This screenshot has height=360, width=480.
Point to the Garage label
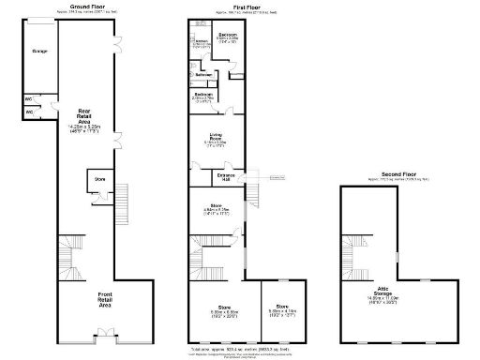click(40, 50)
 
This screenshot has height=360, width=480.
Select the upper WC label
click(29, 98)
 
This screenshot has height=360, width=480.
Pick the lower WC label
click(29, 112)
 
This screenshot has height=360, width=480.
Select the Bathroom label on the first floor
click(203, 74)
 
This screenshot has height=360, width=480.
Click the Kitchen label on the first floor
click(201, 41)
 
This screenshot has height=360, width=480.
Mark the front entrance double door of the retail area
click(106, 332)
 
